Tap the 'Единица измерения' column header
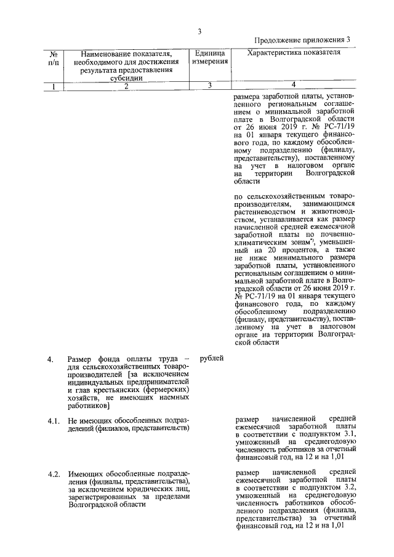pos(209,58)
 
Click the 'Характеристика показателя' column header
pos(293,54)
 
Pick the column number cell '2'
pos(126,86)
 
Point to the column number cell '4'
pos(293,85)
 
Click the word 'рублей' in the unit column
pos(212,358)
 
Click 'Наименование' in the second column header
pos(100,54)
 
